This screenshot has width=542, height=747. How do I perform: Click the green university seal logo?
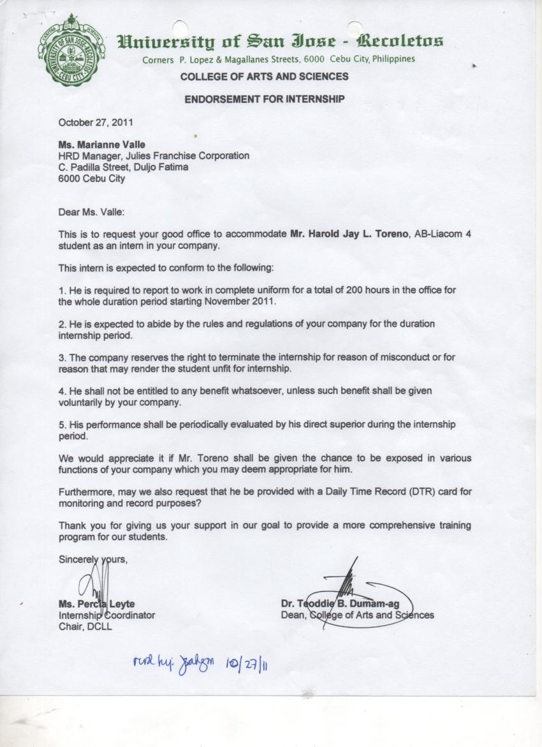[x=71, y=50]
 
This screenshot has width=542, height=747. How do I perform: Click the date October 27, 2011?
[x=96, y=122]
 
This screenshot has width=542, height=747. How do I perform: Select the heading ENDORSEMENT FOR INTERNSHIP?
[x=264, y=99]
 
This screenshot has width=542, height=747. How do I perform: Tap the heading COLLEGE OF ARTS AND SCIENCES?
[x=264, y=77]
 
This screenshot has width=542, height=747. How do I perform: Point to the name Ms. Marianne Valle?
[x=102, y=145]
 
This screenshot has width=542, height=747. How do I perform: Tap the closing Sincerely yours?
[x=93, y=559]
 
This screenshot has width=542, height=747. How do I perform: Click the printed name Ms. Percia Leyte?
[x=96, y=604]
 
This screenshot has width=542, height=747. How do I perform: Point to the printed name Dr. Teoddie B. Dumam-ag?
[x=340, y=604]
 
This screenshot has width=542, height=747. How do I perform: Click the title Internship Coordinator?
[x=106, y=615]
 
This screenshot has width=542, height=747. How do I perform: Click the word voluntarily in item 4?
[x=84, y=403]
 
